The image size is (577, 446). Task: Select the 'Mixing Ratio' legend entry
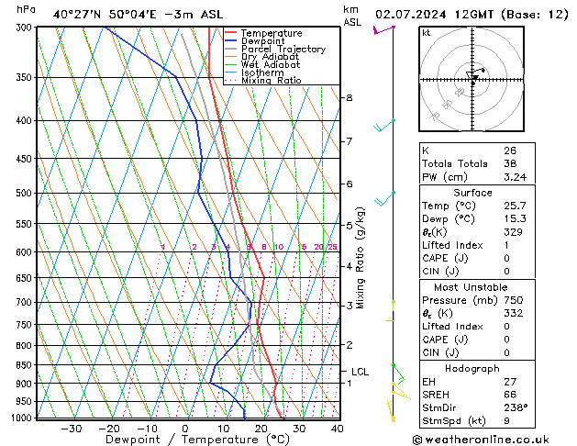272,81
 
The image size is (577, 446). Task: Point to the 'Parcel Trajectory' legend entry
283,50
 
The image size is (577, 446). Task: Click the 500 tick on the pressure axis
24,194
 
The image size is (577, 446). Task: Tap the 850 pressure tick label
24,365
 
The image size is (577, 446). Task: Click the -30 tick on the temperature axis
72,429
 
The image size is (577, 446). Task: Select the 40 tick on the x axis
338,429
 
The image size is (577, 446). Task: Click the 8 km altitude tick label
349,97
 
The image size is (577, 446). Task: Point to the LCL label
360,372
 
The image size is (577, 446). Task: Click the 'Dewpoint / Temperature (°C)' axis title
185,440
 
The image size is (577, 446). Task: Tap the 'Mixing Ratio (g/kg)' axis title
361,258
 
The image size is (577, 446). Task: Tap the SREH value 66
510,395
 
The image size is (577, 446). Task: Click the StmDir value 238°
512,408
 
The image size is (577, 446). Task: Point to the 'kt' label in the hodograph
427,33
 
